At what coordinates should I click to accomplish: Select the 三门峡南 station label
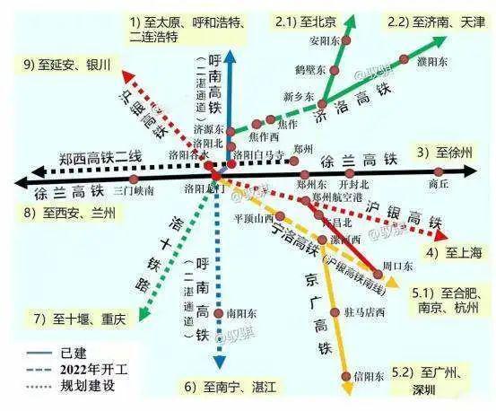pos(135,191)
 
